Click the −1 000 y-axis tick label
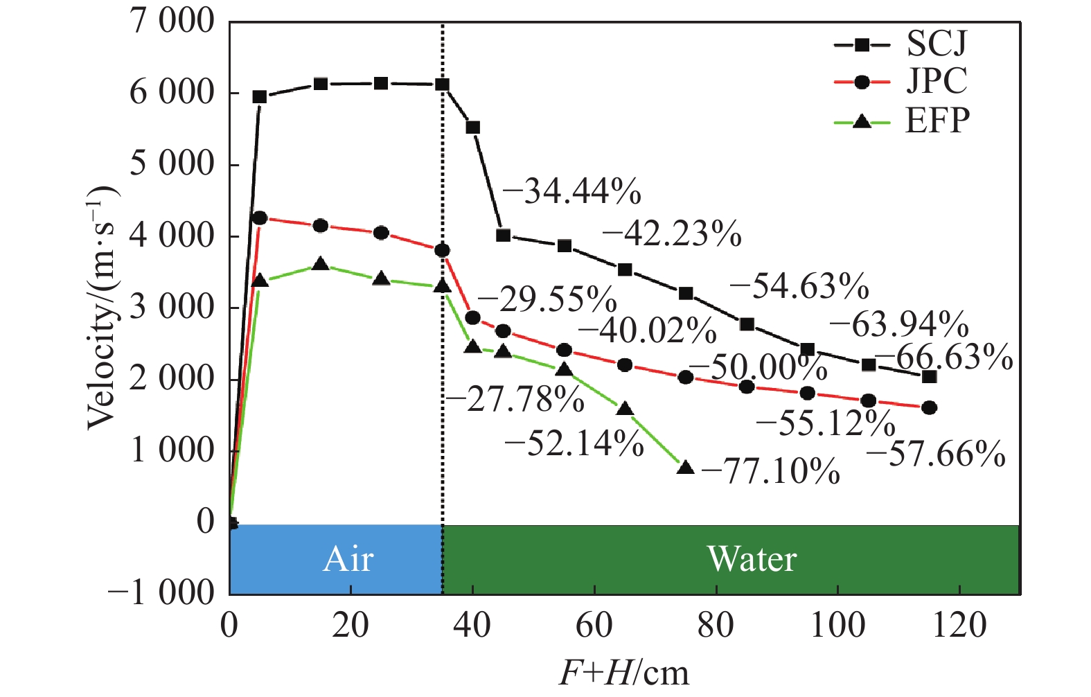pyautogui.click(x=161, y=593)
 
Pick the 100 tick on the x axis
pyautogui.click(x=838, y=626)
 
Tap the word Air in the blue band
pyautogui.click(x=348, y=559)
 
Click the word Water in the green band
pyautogui.click(x=752, y=559)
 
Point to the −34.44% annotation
pyautogui.click(x=571, y=192)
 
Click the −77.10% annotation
pyautogui.click(x=770, y=472)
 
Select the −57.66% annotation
pyautogui.click(x=935, y=455)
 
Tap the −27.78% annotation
pyautogui.click(x=514, y=400)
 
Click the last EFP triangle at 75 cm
pyautogui.click(x=686, y=468)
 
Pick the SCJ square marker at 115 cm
pyautogui.click(x=930, y=376)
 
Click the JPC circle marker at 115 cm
pyautogui.click(x=930, y=407)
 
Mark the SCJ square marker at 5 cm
pyautogui.click(x=260, y=97)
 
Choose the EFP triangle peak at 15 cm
pyautogui.click(x=321, y=264)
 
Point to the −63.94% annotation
pyautogui.click(x=898, y=324)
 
